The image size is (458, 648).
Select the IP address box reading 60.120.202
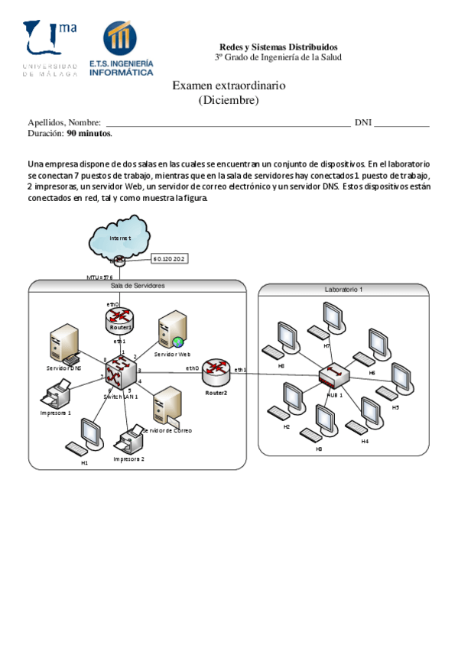click(170, 259)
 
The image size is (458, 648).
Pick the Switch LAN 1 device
click(120, 374)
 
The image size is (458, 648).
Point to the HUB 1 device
click(334, 374)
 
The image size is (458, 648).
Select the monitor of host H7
click(333, 316)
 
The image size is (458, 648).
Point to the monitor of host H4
click(372, 412)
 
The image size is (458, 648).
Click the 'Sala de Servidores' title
click(138, 285)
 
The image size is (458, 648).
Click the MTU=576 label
click(100, 276)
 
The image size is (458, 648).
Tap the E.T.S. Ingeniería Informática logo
click(121, 49)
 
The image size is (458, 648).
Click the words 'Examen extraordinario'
click(229, 86)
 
